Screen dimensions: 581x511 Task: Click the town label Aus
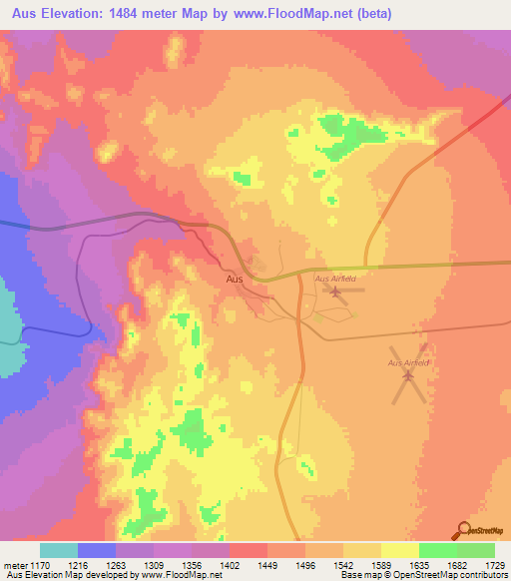point(235,280)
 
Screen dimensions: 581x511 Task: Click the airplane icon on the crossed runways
point(407,375)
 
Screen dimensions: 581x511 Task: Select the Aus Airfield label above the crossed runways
point(407,362)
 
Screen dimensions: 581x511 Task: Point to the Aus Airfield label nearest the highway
point(335,279)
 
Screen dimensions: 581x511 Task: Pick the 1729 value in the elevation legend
point(495,564)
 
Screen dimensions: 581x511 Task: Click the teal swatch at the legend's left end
point(59,550)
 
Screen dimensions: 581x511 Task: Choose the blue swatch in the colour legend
point(97,550)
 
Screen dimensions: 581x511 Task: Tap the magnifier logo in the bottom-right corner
point(463,530)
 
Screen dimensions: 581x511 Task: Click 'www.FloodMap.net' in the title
point(306,14)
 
